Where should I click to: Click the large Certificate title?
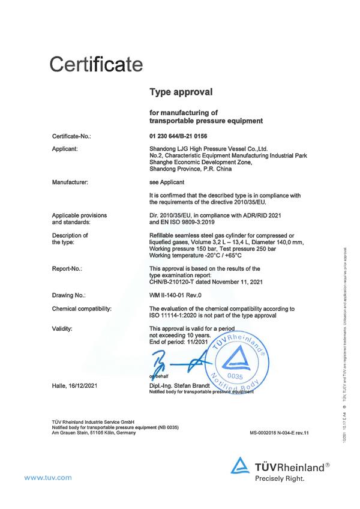[x=97, y=63]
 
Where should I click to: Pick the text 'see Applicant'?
[x=167, y=180]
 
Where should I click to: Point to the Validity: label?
[x=62, y=329]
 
